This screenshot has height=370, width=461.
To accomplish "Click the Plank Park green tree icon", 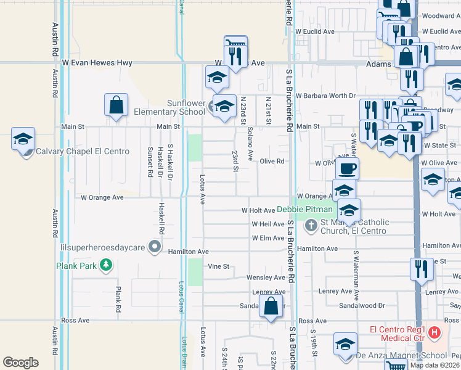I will (107, 265).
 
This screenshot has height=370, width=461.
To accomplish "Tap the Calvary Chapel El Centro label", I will (83, 151).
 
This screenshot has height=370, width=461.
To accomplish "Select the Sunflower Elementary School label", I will (168, 107).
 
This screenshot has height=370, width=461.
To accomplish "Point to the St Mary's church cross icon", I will (310, 226).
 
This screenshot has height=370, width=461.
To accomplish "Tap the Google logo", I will (20, 363).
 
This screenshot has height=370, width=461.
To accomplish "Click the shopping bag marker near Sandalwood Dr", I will (271, 305).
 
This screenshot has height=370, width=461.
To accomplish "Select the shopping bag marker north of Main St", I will (116, 105).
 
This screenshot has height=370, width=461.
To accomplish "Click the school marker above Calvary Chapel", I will (23, 139).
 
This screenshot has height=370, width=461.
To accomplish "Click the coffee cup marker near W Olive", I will (346, 168).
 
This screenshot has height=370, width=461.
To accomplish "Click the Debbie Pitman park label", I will (304, 210).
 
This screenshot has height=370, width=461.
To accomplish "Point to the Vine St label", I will (218, 266).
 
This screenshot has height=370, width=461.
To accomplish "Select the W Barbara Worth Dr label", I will (325, 96).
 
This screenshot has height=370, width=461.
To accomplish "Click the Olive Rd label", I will (271, 161).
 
